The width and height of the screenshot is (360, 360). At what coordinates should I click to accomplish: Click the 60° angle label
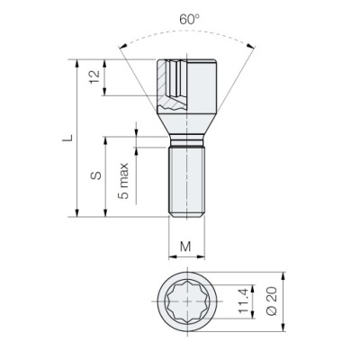[189, 20]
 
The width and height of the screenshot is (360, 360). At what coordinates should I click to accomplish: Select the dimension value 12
[94, 77]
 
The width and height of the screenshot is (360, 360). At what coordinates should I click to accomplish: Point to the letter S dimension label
[96, 175]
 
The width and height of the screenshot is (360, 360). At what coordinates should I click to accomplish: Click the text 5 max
[123, 181]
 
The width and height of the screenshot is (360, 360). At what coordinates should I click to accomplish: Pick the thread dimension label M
[185, 247]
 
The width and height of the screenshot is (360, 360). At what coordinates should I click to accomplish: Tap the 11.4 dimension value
[243, 301]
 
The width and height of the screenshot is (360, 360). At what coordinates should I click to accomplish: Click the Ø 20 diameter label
[272, 301]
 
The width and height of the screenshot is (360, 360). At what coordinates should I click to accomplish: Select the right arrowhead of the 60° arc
[251, 46]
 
